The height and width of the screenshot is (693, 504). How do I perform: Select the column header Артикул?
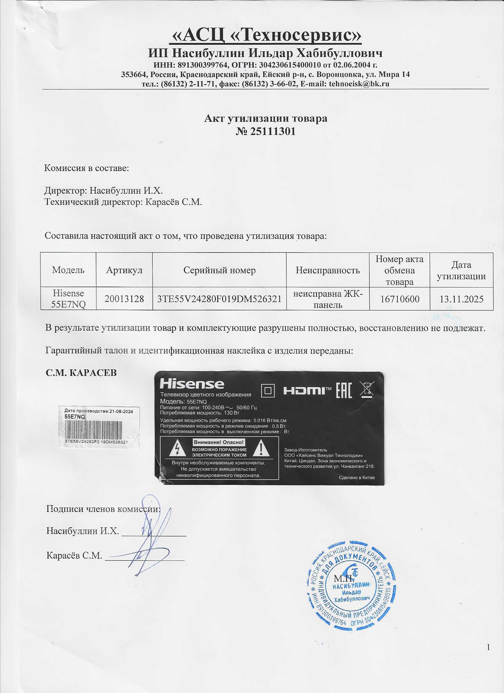[x=124, y=270]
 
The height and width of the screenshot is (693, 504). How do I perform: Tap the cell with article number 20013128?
[x=124, y=298]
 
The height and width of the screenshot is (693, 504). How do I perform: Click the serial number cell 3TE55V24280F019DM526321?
[x=219, y=298]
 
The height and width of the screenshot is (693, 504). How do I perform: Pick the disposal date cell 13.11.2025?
[x=461, y=298]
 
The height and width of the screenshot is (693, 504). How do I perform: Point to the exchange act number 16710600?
[x=399, y=298]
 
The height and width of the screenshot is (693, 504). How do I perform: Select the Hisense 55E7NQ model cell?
[x=68, y=298]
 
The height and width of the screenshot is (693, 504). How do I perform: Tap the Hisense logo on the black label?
[x=192, y=384]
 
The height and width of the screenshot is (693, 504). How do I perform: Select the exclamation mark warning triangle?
[x=261, y=449]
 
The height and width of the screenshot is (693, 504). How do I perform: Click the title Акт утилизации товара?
[x=265, y=118]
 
